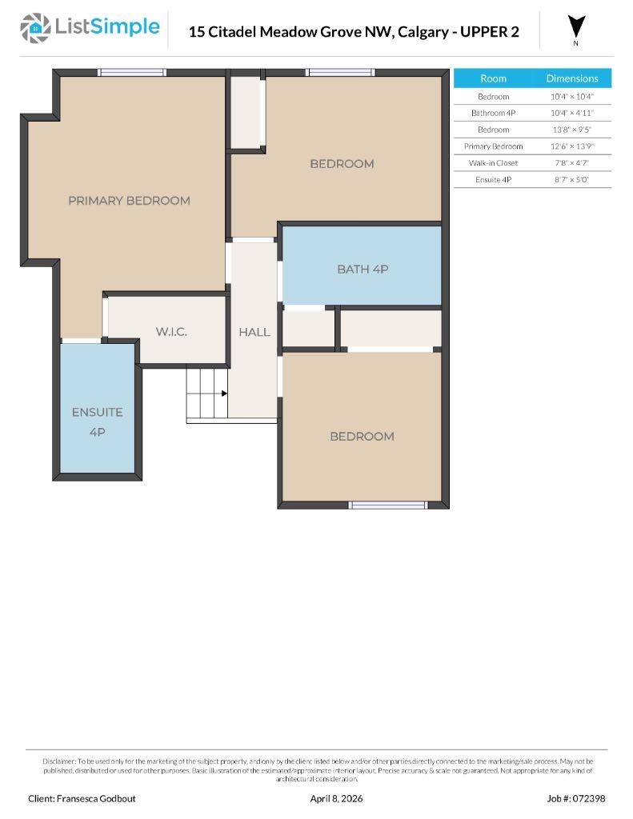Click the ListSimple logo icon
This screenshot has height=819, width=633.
click(x=34, y=28)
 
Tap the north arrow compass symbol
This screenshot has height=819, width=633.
click(x=576, y=27)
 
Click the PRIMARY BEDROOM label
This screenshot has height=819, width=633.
click(x=129, y=201)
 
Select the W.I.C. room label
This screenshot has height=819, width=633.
click(x=170, y=331)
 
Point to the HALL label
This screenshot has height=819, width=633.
click(x=254, y=332)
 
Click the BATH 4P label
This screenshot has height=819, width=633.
click(x=363, y=270)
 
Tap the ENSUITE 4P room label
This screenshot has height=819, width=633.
click(x=97, y=421)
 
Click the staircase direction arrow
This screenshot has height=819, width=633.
click(x=223, y=393)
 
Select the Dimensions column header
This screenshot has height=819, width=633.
click(x=571, y=78)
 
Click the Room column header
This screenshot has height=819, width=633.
click(x=493, y=78)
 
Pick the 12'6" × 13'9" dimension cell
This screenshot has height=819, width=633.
click(x=571, y=146)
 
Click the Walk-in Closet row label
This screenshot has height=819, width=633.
click(x=493, y=163)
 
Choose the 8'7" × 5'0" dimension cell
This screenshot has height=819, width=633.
click(x=571, y=180)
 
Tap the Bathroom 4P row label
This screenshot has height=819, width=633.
click(x=493, y=113)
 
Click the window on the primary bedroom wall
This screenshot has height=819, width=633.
click(x=132, y=73)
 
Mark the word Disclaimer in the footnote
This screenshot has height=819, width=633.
click(x=58, y=761)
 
